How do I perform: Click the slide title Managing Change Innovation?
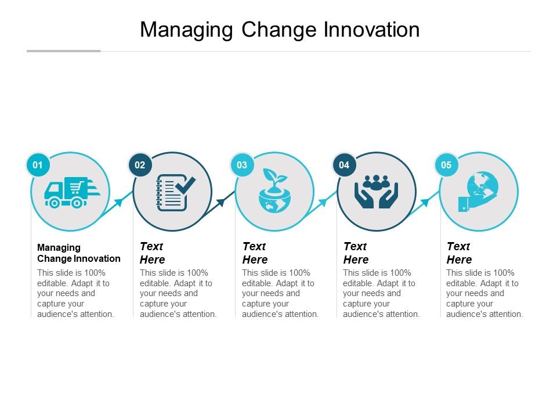coord(280,30)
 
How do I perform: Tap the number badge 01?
coord(38,165)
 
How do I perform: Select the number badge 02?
coord(140,165)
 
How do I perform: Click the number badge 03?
coord(242,165)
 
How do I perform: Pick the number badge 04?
coord(344,165)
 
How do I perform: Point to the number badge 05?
coord(446,165)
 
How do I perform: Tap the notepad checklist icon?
coord(175,193)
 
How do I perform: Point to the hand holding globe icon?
coord(478,192)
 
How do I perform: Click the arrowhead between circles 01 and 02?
coord(118,202)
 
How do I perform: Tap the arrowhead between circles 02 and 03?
coord(220,202)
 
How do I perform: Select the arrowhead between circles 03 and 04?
coord(323,202)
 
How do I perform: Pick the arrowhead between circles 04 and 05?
coord(425,202)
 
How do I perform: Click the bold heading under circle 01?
coord(79,253)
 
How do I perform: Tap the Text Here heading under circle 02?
coord(153,253)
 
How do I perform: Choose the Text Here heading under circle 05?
coord(459,253)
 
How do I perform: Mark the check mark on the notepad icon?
coord(186,185)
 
